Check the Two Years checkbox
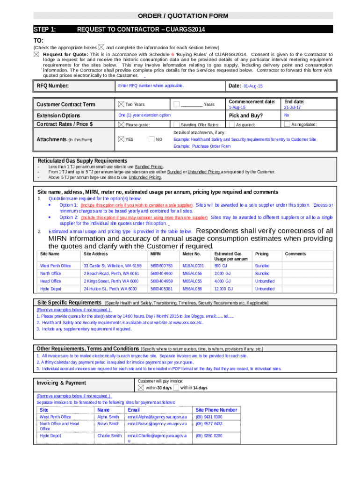click(x=122, y=104)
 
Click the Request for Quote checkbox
click(x=36, y=54)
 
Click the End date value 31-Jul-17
click(x=292, y=108)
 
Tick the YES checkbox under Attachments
click(x=122, y=139)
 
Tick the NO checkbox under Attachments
click(x=151, y=139)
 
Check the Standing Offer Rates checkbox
click(x=176, y=124)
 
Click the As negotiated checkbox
click(x=287, y=124)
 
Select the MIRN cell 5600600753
click(x=161, y=266)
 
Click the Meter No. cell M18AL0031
click(x=193, y=266)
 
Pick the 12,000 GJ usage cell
click(x=224, y=289)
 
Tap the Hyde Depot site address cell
click(x=110, y=289)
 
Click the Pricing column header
click(x=262, y=254)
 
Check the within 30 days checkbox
click(x=141, y=388)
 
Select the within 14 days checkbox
click(x=176, y=388)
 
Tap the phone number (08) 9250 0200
click(x=209, y=435)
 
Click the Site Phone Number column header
click(x=216, y=410)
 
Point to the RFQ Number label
click(x=53, y=86)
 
